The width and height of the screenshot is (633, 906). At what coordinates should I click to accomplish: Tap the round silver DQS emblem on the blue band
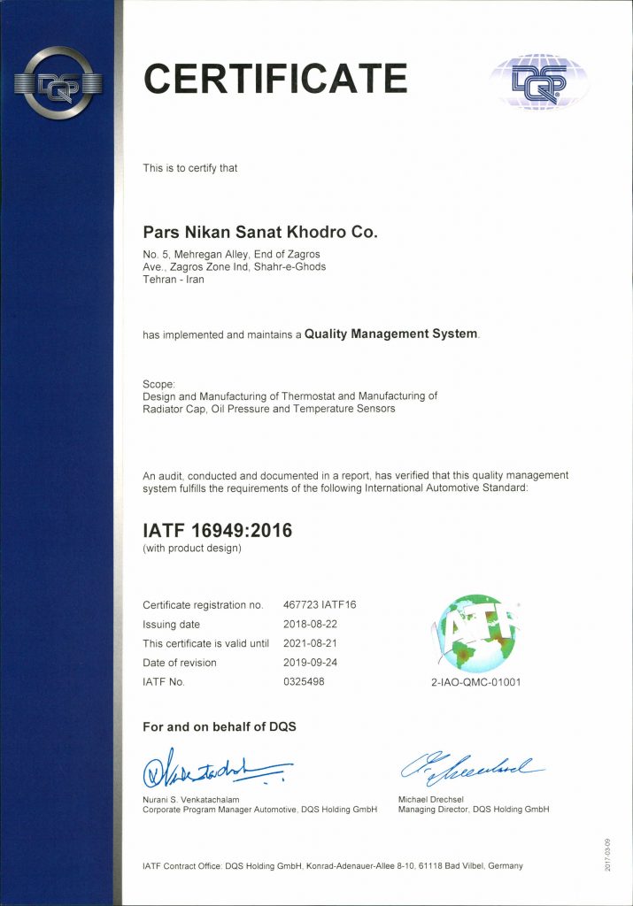tap(58, 84)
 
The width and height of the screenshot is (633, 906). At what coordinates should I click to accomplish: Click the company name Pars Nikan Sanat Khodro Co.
tap(260, 233)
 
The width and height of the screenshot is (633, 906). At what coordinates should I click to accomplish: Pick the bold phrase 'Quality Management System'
tap(390, 334)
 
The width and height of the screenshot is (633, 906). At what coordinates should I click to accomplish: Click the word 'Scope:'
tap(159, 384)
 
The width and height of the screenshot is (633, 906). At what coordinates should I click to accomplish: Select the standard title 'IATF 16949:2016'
tap(217, 531)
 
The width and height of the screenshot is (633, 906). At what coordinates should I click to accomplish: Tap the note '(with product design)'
tap(192, 549)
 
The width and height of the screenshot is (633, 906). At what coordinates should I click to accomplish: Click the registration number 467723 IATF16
tap(319, 605)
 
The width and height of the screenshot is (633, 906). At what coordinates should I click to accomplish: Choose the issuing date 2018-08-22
tap(312, 625)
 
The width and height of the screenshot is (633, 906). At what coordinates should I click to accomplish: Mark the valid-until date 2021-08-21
tap(312, 643)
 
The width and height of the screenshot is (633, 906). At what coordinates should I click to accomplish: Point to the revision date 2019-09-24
tap(312, 663)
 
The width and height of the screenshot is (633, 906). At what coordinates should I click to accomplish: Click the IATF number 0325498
tap(304, 682)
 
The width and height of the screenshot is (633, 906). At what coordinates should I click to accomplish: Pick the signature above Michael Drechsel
tap(469, 770)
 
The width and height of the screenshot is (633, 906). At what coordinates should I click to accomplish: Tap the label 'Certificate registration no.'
tap(203, 605)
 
